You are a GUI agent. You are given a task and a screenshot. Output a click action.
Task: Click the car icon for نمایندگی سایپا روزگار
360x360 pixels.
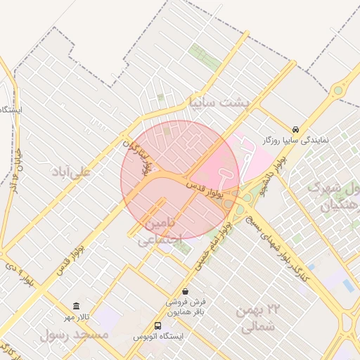[296, 129]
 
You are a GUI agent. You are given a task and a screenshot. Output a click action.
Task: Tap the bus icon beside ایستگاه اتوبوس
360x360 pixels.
[157, 326]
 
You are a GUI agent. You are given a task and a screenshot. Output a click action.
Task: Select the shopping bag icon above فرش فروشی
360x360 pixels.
[185, 291]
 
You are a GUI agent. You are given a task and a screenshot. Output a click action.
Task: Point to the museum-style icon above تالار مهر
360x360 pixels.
[76, 306]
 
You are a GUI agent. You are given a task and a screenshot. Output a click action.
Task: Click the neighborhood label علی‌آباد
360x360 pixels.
[71, 171]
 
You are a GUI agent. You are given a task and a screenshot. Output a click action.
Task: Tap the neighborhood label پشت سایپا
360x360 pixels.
[219, 103]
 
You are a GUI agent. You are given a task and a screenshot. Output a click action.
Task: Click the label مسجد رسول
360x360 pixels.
[75, 334]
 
